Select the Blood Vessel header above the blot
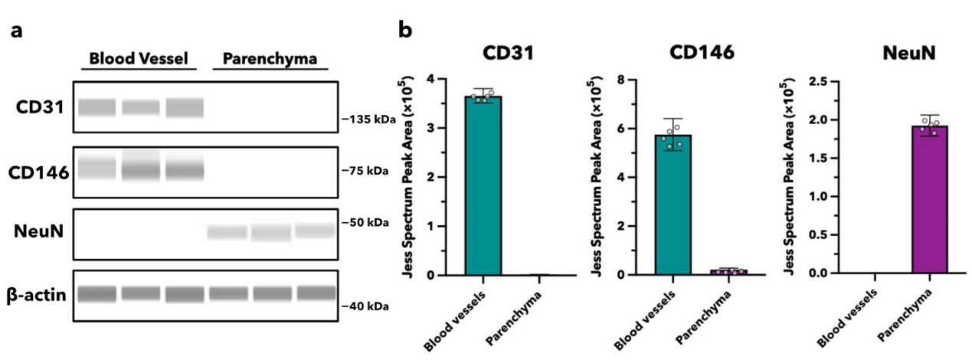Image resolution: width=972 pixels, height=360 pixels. pyautogui.click(x=138, y=58)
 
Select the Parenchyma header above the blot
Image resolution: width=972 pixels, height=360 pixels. pyautogui.click(x=270, y=58)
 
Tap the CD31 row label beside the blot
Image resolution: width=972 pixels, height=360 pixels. pyautogui.click(x=39, y=106)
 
